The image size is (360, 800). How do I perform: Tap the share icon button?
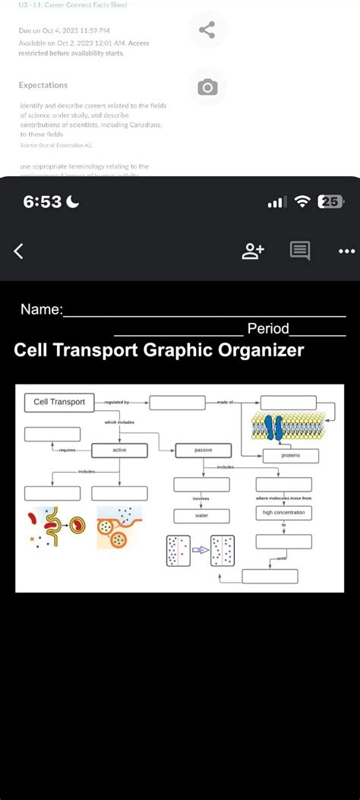207,31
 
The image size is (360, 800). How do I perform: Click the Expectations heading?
43,85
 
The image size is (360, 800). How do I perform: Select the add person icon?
253,250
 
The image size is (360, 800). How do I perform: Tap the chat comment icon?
299,250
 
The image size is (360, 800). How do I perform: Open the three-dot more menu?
346,250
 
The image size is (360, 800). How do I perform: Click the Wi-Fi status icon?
302,202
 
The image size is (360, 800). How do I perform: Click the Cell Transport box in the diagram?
59,401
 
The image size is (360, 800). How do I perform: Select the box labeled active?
119,451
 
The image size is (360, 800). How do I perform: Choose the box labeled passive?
203,450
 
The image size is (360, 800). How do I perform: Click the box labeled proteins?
290,456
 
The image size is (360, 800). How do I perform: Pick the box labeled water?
201,516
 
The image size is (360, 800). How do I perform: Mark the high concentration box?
283,514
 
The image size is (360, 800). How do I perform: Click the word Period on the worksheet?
268,328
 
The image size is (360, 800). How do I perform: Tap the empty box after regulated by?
177,403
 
